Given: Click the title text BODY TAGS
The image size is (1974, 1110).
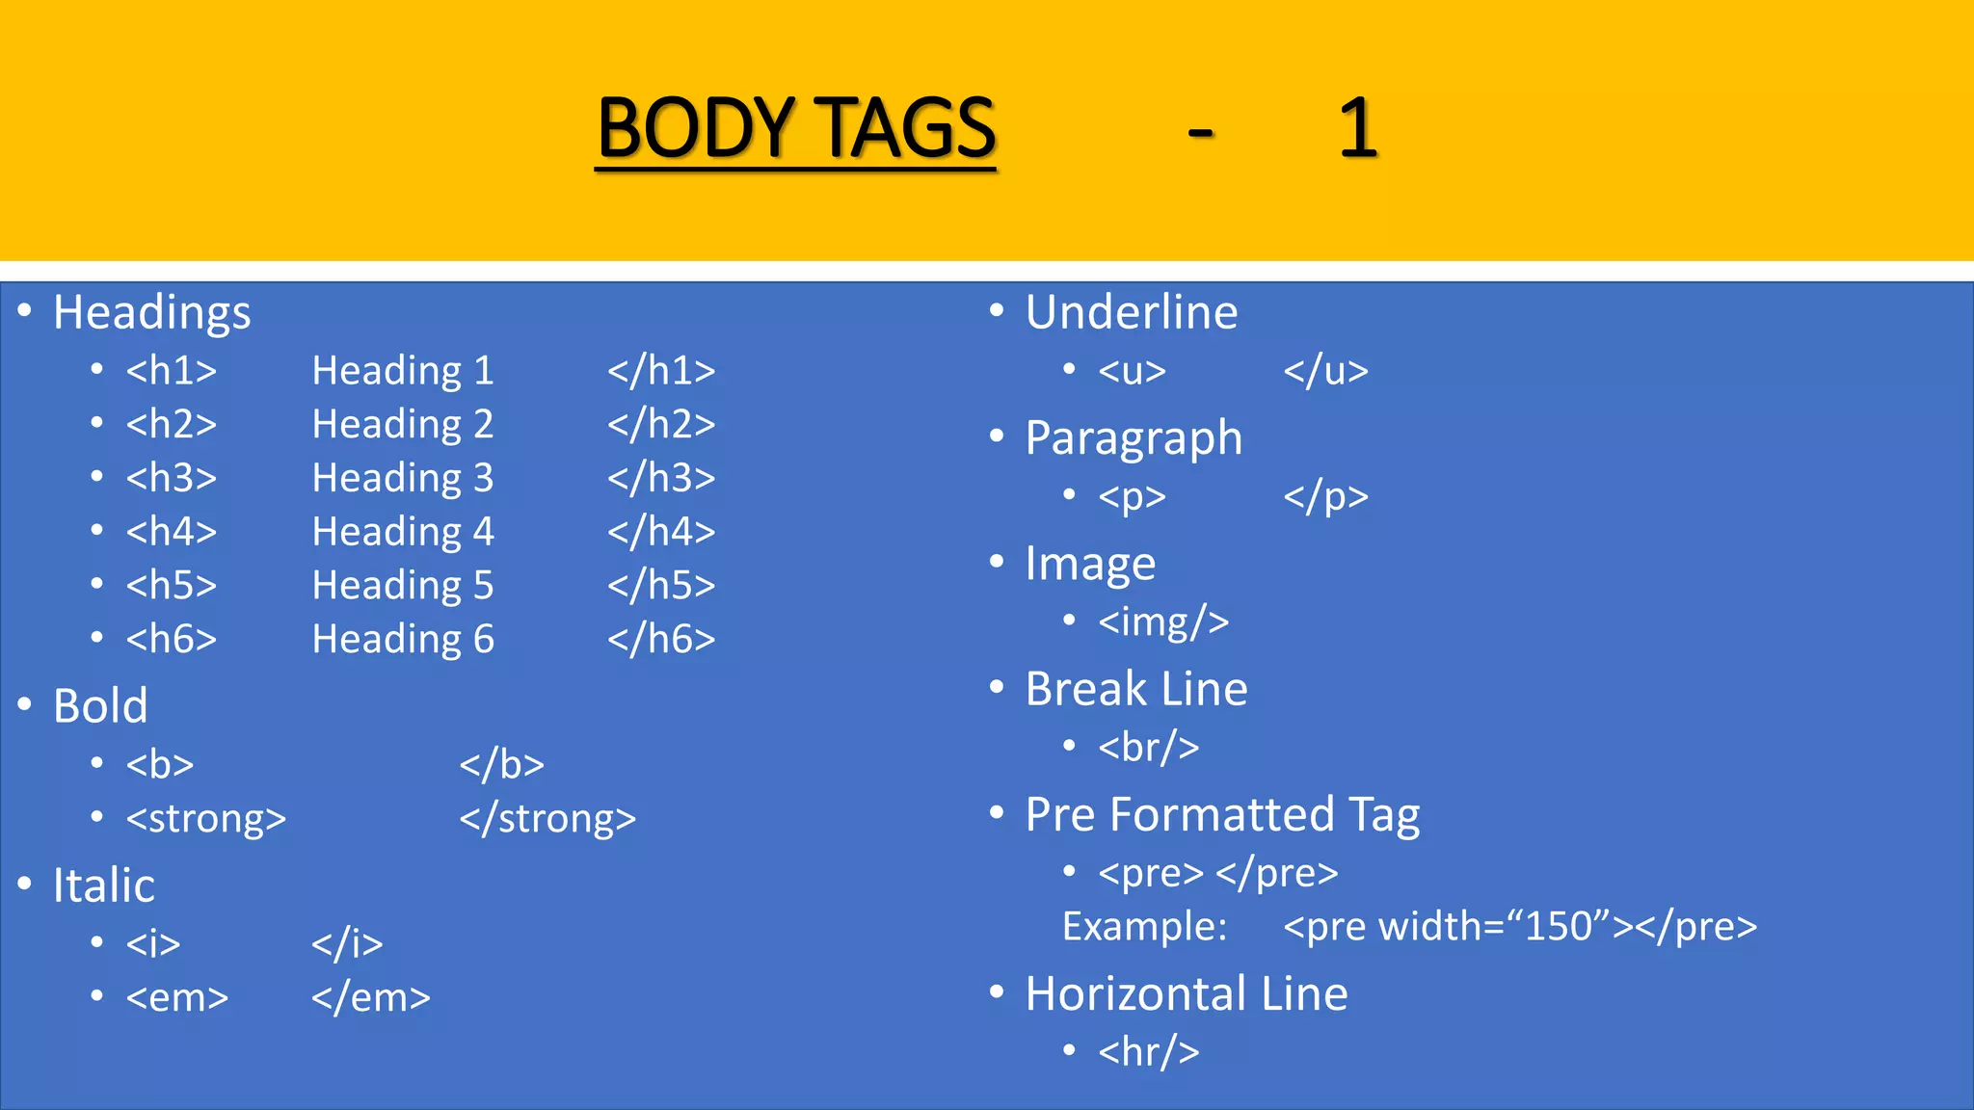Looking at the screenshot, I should [796, 128].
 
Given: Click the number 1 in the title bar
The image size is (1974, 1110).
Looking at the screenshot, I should [1358, 128].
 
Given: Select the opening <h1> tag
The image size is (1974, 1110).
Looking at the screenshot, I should [172, 371].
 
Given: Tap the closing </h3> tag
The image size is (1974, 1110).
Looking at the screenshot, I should [661, 478].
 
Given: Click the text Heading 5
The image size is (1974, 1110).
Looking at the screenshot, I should [403, 586].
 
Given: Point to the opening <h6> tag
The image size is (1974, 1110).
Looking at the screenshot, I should [172, 639].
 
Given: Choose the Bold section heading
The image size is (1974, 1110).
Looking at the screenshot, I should [100, 705].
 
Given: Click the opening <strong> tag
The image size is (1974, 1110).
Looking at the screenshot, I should [206, 819].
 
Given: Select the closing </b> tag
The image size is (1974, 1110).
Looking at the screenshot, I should [501, 765].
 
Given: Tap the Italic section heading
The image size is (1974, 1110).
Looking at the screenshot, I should [103, 885].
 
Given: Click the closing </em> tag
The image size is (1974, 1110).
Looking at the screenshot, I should [371, 998].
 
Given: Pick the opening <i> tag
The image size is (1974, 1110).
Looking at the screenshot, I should [153, 944].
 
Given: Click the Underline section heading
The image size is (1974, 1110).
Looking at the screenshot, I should [1132, 312].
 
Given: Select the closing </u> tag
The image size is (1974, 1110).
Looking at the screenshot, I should [1325, 371].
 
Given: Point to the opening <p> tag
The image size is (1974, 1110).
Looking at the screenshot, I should [1133, 497].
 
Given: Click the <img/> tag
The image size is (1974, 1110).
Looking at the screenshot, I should [1163, 622].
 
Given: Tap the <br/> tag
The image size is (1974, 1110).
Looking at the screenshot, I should [1149, 748].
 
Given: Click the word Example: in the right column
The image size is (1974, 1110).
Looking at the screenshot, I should [1144, 927].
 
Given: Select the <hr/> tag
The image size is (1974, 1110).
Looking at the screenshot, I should [1149, 1052].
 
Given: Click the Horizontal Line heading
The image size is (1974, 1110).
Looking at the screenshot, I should [1187, 993].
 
